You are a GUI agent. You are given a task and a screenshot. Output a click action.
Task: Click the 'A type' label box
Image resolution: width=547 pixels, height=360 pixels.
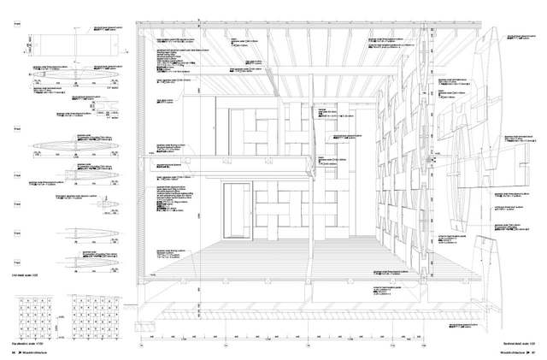(16, 25)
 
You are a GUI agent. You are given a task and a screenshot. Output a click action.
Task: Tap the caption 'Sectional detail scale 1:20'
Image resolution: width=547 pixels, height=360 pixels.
(516, 341)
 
